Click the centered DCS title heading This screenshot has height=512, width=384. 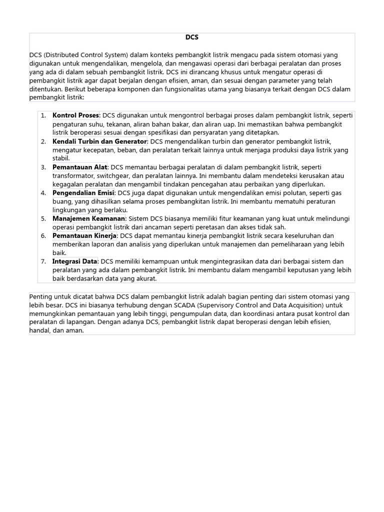pyautogui.click(x=192, y=37)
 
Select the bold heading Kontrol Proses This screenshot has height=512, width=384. pyautogui.click(x=76, y=115)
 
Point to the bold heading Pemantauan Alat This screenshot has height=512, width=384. pyautogui.click(x=80, y=167)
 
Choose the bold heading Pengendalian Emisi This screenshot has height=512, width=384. pyautogui.click(x=83, y=193)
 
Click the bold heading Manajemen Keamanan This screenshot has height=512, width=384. pyautogui.click(x=89, y=218)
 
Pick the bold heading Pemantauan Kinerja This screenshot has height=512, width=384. pyautogui.click(x=84, y=235)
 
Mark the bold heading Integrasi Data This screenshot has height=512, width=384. pyautogui.click(x=75, y=261)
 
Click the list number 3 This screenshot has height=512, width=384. pyautogui.click(x=43, y=167)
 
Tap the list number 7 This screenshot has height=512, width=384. pyautogui.click(x=43, y=261)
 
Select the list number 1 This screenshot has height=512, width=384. pyautogui.click(x=43, y=115)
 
